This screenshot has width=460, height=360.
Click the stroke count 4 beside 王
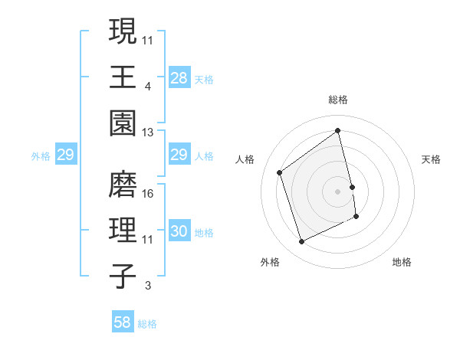147,87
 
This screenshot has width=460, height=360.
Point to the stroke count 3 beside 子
147,286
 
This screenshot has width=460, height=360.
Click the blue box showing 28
179,77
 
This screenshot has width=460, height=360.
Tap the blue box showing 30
179,231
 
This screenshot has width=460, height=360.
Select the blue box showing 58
123,322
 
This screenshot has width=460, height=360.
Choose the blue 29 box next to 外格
65,155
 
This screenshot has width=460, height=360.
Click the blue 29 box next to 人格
179,155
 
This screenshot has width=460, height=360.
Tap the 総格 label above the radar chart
337,100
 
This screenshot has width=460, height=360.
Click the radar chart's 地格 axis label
402,263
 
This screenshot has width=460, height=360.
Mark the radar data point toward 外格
301,242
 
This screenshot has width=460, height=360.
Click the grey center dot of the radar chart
337,191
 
